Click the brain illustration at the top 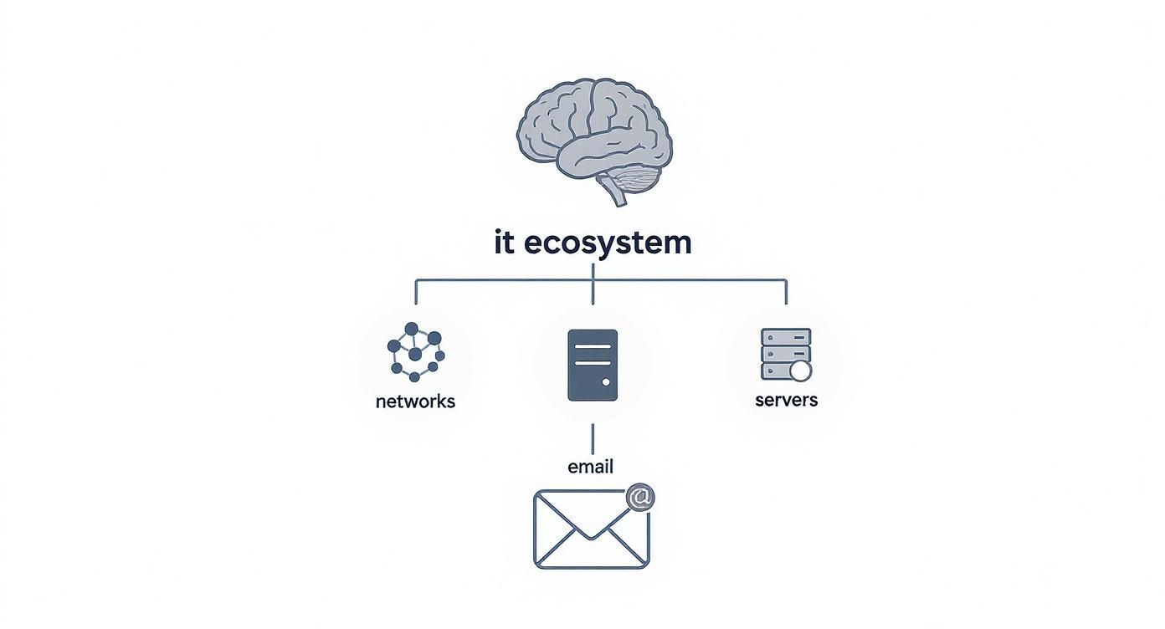click(593, 134)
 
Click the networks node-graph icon click(416, 351)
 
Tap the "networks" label click(415, 401)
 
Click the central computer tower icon click(593, 365)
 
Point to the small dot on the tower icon click(606, 383)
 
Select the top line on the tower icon click(593, 345)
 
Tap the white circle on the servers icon click(801, 371)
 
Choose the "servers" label click(786, 400)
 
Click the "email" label click(590, 467)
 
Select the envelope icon click(591, 529)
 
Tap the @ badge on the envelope click(639, 498)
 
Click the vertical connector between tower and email click(593, 438)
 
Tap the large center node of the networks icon click(415, 354)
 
